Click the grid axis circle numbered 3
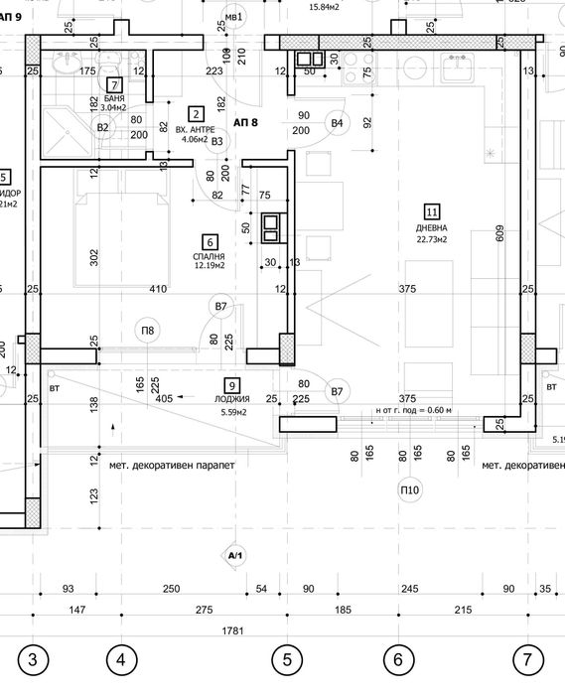34,658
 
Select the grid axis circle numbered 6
397,658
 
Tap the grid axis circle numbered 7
528,658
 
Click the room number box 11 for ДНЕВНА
432,210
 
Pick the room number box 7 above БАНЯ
114,85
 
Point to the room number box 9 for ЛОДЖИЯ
232,386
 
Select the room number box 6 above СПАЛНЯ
209,241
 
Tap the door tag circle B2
102,127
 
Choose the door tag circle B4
338,123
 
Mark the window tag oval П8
147,331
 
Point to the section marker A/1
235,555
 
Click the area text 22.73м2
432,239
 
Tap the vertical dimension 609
500,235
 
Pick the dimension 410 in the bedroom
158,290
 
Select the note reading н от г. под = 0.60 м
412,410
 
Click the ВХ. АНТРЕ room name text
196,130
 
